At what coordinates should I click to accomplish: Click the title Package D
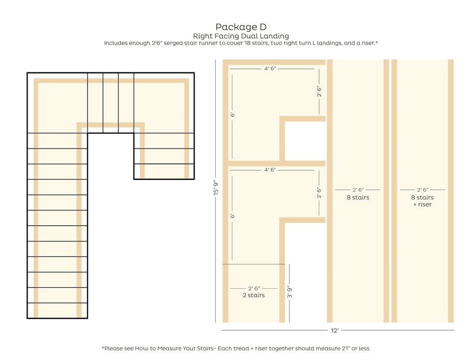coord(241,27)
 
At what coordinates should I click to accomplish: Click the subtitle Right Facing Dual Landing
coord(241,36)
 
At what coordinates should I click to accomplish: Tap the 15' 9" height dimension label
coord(216,188)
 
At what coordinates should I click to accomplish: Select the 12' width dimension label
coord(335,331)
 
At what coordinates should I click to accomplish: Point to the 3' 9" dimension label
coord(290,291)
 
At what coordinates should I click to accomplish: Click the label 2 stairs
coord(254,296)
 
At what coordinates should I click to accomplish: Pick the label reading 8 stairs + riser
coord(422,201)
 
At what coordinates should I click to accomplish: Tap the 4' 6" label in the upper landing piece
coord(270,69)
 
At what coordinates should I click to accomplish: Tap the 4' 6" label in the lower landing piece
coord(270,170)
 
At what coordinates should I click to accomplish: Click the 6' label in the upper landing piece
coord(232,114)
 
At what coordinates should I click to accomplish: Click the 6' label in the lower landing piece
coord(232,216)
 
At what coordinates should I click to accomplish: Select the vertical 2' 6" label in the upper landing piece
coord(319,91)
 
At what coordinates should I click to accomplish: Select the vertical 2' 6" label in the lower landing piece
coord(319,193)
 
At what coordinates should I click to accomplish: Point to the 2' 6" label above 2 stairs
coord(254,289)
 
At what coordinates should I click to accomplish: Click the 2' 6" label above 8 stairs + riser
coord(423,190)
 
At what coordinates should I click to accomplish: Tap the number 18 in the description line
coord(247,43)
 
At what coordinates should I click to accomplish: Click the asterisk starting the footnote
coord(103,348)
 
